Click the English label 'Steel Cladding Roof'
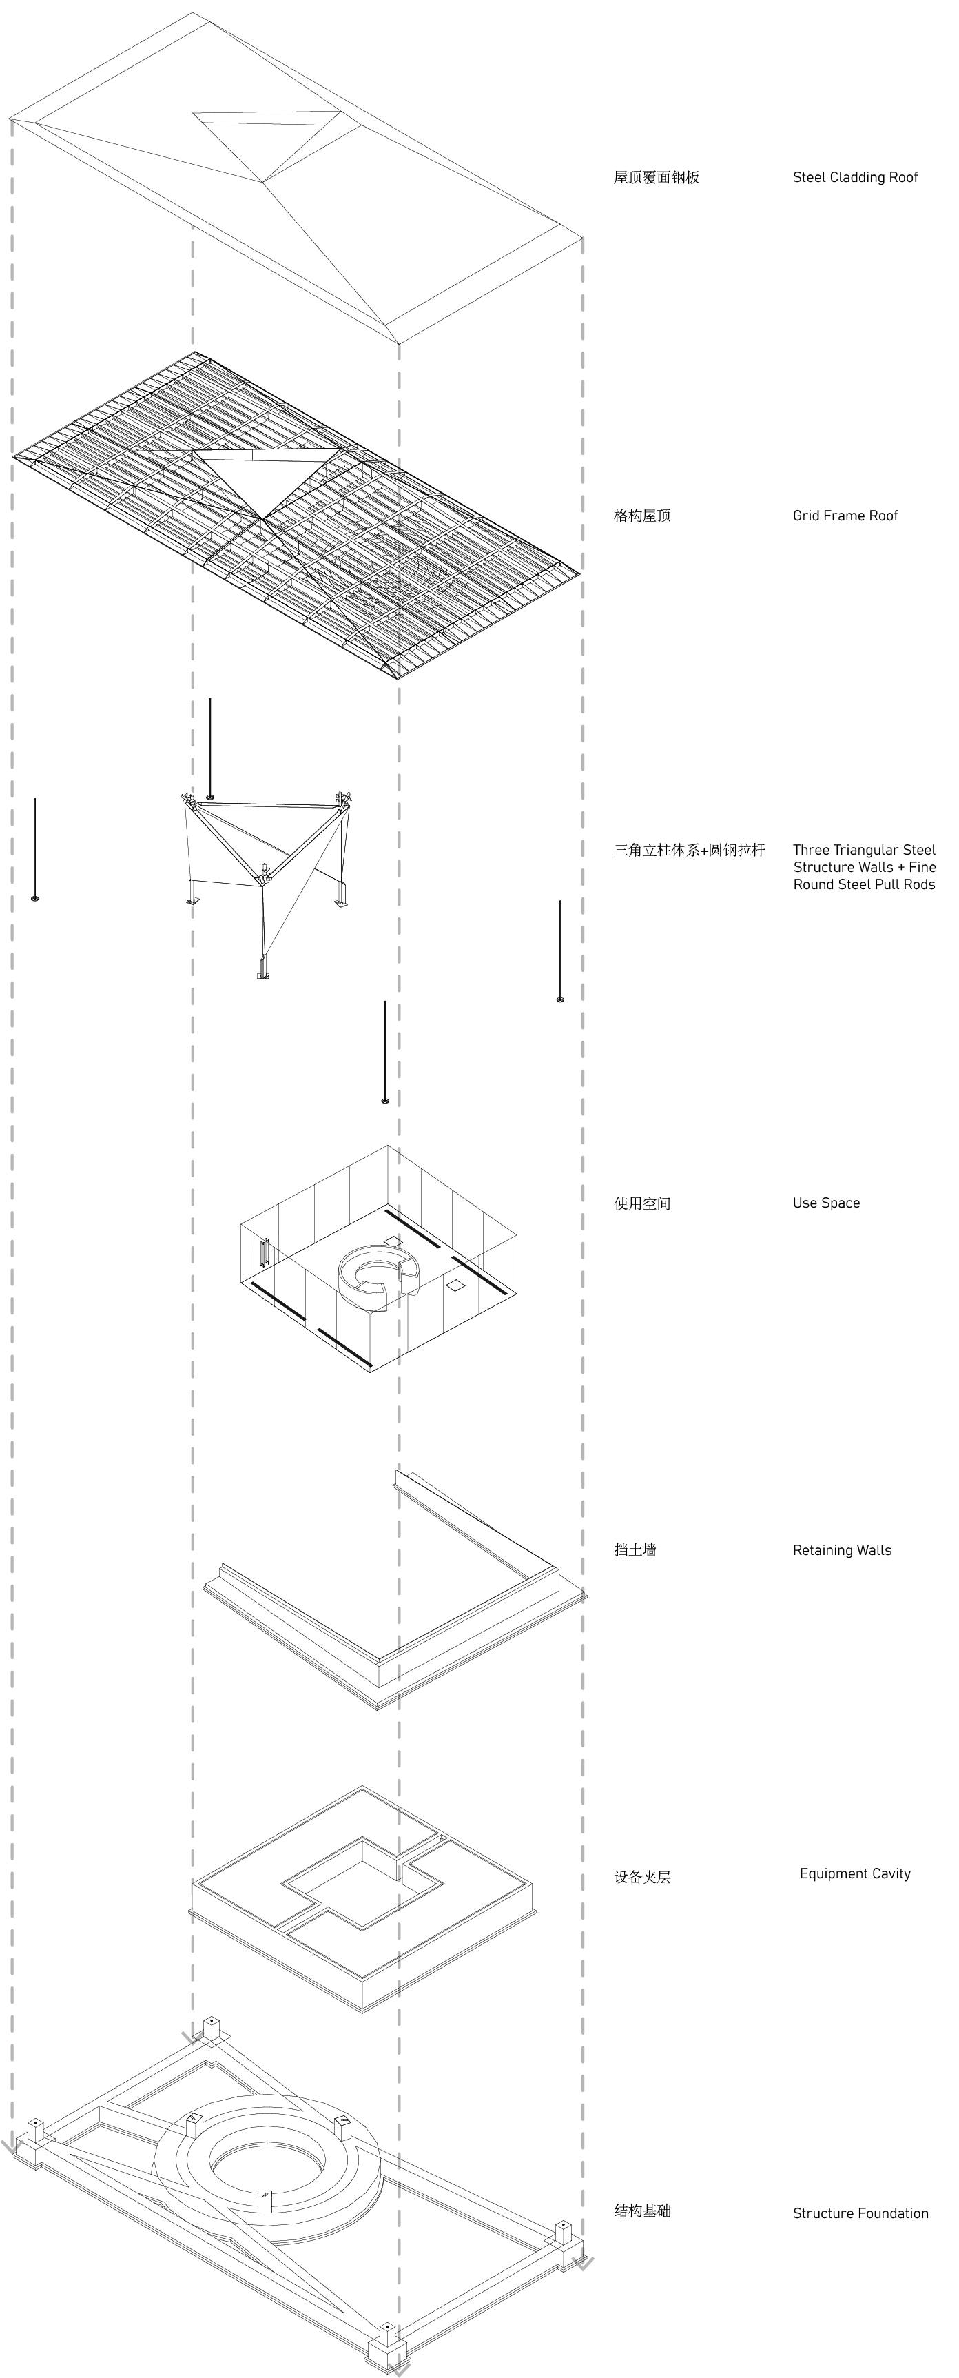tap(855, 177)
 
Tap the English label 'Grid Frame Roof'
tap(845, 515)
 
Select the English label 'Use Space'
tap(826, 1203)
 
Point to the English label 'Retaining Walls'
tap(842, 1550)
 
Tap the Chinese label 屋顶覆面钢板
tap(657, 177)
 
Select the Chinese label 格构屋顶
tap(642, 515)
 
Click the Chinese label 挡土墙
tap(635, 1550)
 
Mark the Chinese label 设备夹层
tap(642, 1878)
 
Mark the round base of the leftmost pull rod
tap(35, 898)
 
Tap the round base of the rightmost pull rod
tap(560, 999)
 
